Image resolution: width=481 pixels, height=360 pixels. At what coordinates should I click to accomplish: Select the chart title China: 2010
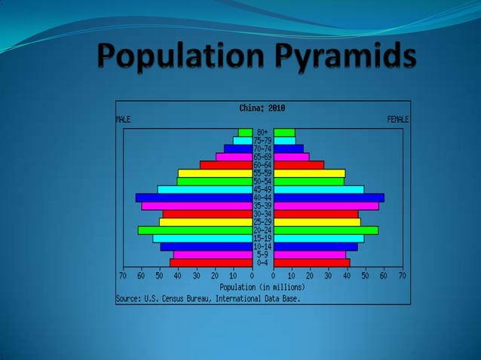click(262, 108)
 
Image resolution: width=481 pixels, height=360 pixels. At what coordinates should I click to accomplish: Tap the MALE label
click(123, 119)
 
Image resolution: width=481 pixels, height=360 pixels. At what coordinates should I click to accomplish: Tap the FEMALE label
click(398, 119)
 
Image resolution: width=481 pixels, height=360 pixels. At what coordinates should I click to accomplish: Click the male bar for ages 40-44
click(194, 197)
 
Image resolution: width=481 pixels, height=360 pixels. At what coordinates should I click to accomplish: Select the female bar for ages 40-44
click(329, 197)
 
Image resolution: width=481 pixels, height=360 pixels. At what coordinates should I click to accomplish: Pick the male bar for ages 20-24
click(195, 230)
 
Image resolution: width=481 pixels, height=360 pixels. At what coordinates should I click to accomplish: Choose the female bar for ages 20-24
click(326, 230)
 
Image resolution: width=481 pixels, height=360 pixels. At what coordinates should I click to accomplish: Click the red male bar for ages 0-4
click(210, 263)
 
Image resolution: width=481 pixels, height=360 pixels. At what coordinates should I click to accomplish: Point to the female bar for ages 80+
click(284, 133)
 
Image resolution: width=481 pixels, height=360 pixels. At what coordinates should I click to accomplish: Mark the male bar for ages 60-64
click(225, 165)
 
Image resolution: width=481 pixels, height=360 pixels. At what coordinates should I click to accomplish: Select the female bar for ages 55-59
click(309, 173)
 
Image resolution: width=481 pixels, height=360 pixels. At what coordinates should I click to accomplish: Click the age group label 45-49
click(262, 189)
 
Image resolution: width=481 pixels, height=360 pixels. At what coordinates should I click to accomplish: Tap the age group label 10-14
click(262, 246)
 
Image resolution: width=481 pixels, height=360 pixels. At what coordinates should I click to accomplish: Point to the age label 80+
click(262, 133)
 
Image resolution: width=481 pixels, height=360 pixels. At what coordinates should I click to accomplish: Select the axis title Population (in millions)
click(262, 287)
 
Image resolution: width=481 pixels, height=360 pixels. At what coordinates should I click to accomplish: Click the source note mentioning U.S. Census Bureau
click(207, 298)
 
